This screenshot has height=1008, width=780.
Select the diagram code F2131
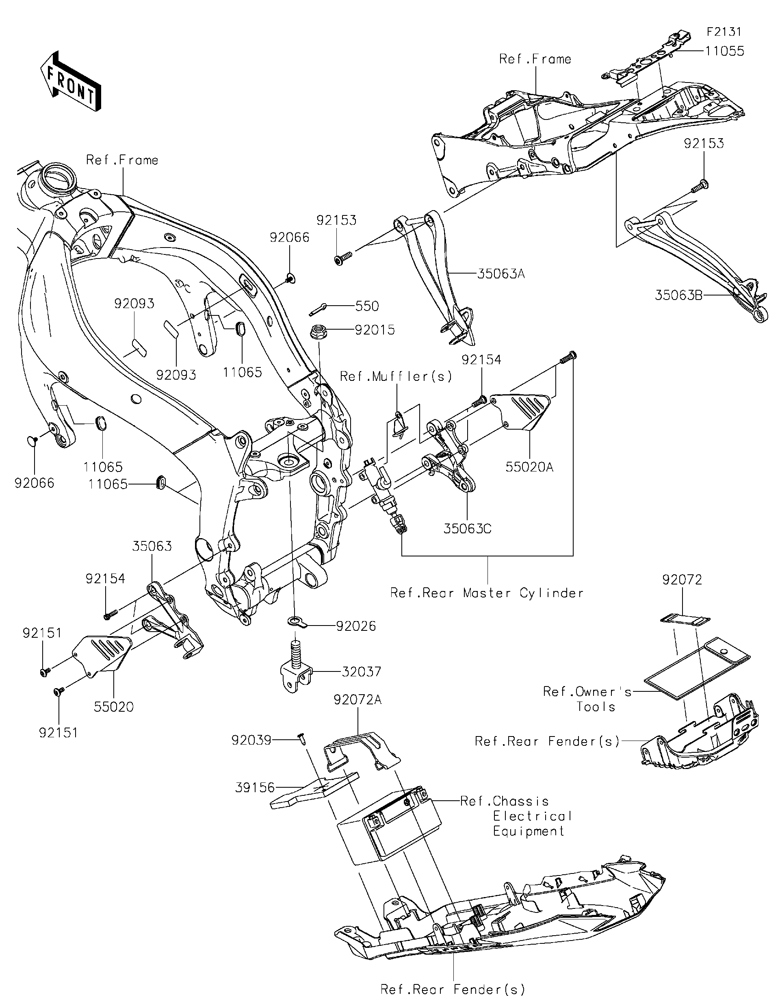coord(724,31)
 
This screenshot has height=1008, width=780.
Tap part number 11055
coord(724,51)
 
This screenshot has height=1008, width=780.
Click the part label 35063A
coord(500,274)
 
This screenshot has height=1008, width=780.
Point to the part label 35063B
coord(678,295)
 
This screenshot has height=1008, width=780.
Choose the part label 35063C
coord(467,528)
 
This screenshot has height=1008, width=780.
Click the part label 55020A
coord(529,467)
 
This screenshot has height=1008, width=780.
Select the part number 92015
coord(375,330)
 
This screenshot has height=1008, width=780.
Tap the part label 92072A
coord(357,700)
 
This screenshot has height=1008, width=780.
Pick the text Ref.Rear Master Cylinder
coord(487,593)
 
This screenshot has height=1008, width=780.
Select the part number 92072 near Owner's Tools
coord(682,580)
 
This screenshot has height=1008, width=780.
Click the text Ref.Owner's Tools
coord(587,699)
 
